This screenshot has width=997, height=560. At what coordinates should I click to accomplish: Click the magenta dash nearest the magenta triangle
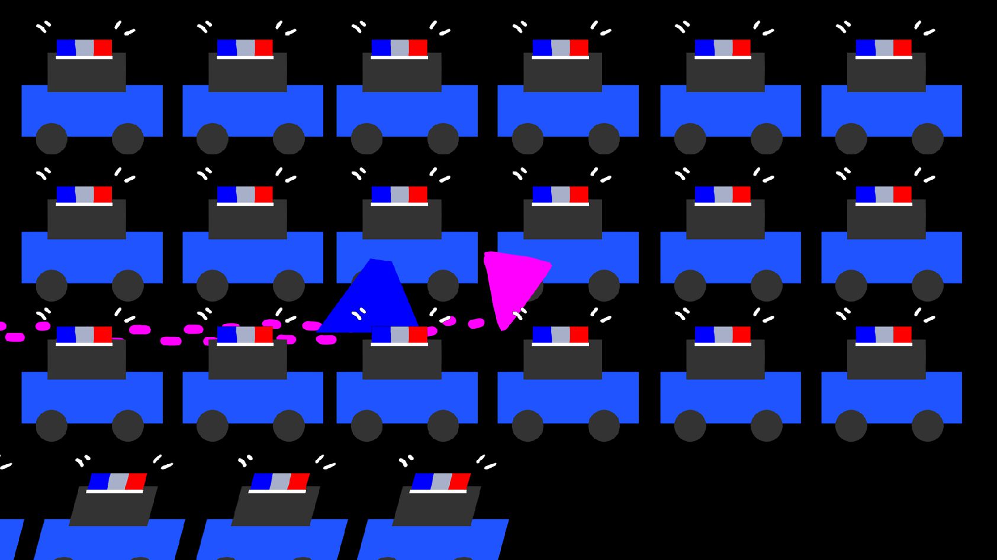coord(476,323)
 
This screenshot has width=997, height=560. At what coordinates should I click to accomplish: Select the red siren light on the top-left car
coord(102,48)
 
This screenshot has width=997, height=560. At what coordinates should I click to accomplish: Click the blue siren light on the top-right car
coord(865,48)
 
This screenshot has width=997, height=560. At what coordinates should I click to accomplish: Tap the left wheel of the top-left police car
coord(52,138)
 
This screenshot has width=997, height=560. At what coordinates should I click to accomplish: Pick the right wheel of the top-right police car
coord(927,138)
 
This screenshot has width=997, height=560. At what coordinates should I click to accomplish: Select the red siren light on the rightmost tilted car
coord(460,482)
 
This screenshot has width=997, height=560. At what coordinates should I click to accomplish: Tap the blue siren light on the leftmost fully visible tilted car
coord(99,482)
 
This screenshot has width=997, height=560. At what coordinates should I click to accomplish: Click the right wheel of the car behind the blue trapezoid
coord(443,285)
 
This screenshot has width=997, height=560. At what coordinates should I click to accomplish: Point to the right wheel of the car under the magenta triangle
coord(604,285)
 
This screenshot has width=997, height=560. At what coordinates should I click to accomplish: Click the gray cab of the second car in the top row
coord(247,72)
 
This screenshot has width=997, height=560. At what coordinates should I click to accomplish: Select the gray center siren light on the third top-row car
coord(400,48)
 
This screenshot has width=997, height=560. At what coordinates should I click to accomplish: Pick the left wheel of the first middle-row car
coord(52,285)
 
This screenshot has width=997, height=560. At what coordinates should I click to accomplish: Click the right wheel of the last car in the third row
coord(927,425)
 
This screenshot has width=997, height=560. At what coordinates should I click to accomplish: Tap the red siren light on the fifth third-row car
coord(741,335)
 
